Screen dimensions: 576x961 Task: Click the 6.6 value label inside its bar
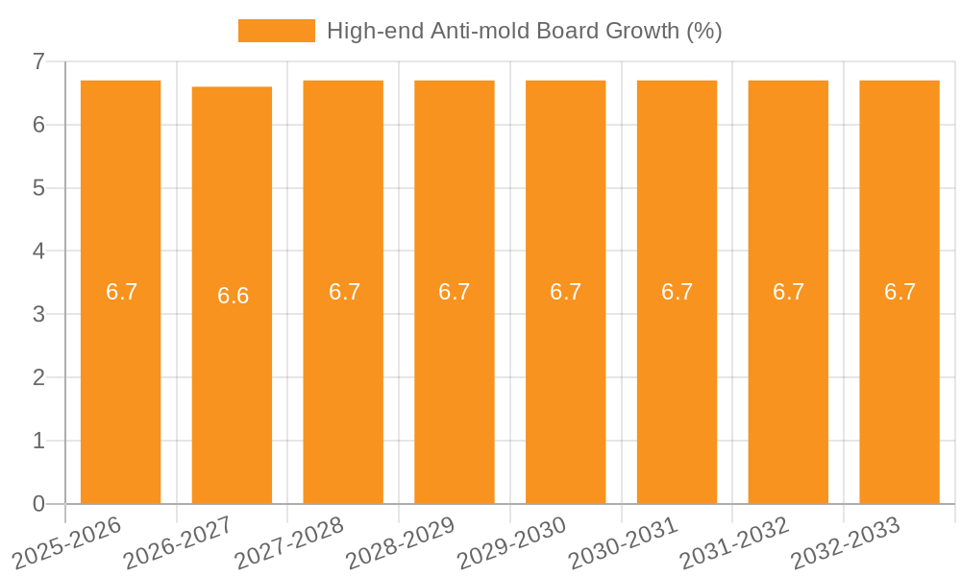pos(233,296)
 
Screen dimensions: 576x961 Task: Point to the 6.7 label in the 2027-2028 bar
pos(344,292)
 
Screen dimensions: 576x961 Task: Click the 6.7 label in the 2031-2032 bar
pos(788,292)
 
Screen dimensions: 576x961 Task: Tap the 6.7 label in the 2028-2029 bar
pos(454,292)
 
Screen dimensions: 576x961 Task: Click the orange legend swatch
pos(276,31)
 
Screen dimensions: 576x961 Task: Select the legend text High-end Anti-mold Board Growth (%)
pos(524,31)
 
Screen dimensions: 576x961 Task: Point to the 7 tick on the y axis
pos(38,61)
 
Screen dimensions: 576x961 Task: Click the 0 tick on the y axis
pos(38,504)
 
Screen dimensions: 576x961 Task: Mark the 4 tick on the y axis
pos(38,252)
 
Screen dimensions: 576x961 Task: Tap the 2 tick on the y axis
pos(38,378)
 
